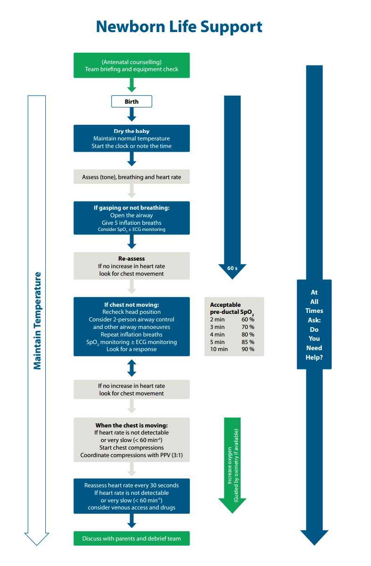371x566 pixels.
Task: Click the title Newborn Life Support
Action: point(179,26)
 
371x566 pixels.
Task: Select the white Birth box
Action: point(132,101)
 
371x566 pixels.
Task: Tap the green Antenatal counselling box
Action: point(132,66)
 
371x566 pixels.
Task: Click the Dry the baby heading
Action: point(132,131)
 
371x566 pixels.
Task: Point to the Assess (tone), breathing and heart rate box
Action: point(132,177)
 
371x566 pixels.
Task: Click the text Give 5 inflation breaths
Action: point(132,222)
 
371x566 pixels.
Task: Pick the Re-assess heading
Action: point(132,259)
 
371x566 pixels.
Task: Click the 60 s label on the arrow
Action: point(232,268)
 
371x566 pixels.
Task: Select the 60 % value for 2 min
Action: point(247,320)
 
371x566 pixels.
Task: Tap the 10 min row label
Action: point(219,349)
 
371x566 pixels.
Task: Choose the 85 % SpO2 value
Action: point(247,342)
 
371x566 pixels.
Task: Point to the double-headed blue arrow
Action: point(132,368)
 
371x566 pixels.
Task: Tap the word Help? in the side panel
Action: point(314,357)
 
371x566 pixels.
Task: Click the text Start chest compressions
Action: point(132,447)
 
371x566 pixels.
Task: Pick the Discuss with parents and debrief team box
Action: point(132,539)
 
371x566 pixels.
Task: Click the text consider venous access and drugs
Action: point(132,508)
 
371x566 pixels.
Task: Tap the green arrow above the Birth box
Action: point(132,85)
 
